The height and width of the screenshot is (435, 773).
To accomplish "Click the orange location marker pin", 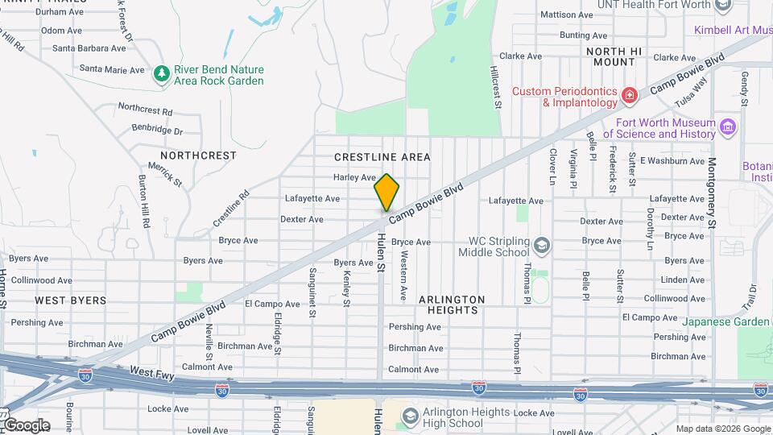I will [x=387, y=192].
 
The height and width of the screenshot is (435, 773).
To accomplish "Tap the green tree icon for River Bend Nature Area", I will [x=162, y=73].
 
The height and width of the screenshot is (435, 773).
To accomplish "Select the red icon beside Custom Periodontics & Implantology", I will [x=630, y=97].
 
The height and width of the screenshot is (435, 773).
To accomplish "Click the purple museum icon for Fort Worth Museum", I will [x=728, y=127].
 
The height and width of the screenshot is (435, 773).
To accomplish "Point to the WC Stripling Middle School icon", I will [x=542, y=244].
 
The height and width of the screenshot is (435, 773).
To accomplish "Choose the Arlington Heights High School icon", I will [x=408, y=416].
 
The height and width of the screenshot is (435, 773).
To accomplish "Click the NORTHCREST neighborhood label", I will [x=198, y=155].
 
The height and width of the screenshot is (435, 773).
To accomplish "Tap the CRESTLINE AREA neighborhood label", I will [x=382, y=157].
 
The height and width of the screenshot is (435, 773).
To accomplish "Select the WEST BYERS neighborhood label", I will [x=70, y=300].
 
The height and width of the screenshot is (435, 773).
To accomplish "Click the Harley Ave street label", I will [x=355, y=177].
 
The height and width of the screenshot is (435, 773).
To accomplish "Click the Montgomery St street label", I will [x=711, y=190].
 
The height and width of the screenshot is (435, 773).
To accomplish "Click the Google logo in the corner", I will [x=26, y=425].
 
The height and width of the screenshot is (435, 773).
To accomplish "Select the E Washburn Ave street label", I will [x=672, y=160].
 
